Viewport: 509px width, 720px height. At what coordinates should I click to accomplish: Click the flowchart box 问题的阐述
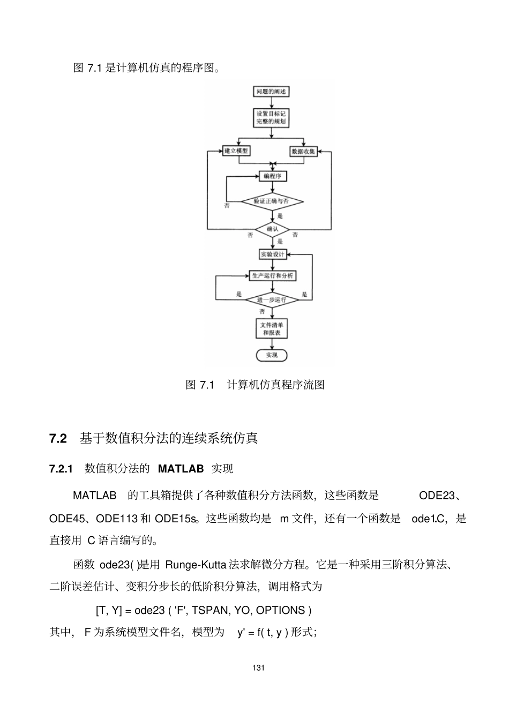pyautogui.click(x=271, y=92)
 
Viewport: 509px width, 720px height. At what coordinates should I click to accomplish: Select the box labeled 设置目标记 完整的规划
pyautogui.click(x=271, y=118)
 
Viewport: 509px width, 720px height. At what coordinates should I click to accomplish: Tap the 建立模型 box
pyautogui.click(x=236, y=151)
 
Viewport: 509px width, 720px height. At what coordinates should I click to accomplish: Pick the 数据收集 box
pyautogui.click(x=303, y=152)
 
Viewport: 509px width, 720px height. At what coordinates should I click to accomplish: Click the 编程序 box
pyautogui.click(x=273, y=176)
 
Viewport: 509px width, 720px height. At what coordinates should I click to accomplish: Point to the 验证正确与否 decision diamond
pyautogui.click(x=272, y=201)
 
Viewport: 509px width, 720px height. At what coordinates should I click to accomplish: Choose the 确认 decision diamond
pyautogui.click(x=273, y=229)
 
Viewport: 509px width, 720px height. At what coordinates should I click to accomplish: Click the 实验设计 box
pyautogui.click(x=273, y=254)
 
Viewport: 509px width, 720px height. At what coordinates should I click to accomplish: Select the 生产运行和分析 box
pyautogui.click(x=273, y=276)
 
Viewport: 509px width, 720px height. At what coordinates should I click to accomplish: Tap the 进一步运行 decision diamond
pyautogui.click(x=272, y=300)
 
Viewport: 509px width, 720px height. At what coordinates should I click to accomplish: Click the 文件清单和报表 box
pyautogui.click(x=272, y=329)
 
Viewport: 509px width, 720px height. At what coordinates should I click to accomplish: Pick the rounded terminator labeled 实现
pyautogui.click(x=272, y=355)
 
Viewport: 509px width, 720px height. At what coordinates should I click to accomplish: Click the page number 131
pyautogui.click(x=259, y=668)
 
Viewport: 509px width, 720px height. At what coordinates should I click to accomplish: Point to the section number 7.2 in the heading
pyautogui.click(x=58, y=439)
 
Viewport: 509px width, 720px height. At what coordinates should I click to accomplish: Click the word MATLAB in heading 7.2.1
pyautogui.click(x=181, y=469)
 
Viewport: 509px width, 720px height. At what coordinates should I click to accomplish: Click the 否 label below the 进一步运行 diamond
pyautogui.click(x=262, y=312)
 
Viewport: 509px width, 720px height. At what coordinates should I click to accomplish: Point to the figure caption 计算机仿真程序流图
pyautogui.click(x=275, y=385)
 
